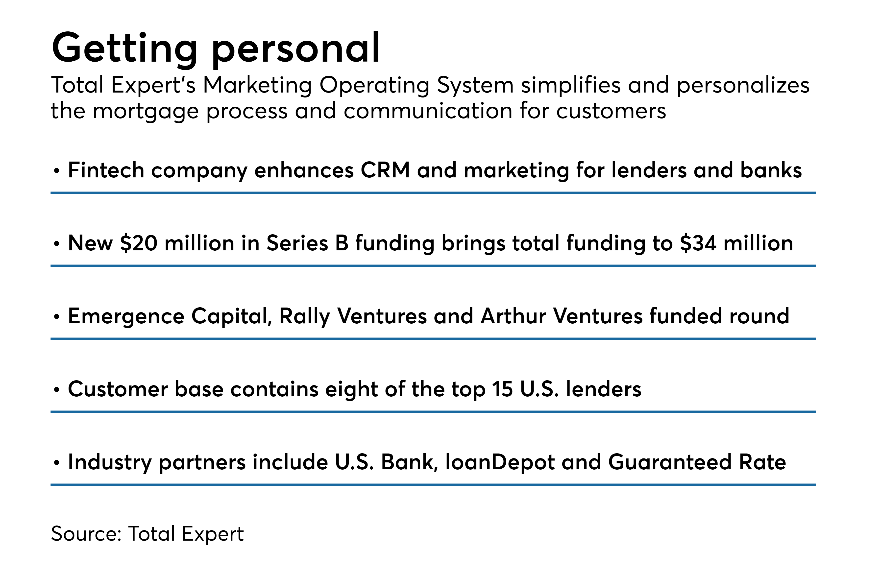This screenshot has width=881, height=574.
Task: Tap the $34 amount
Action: click(698, 243)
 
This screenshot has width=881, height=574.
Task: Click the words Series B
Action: click(307, 243)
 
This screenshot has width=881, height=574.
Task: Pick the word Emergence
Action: click(126, 317)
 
